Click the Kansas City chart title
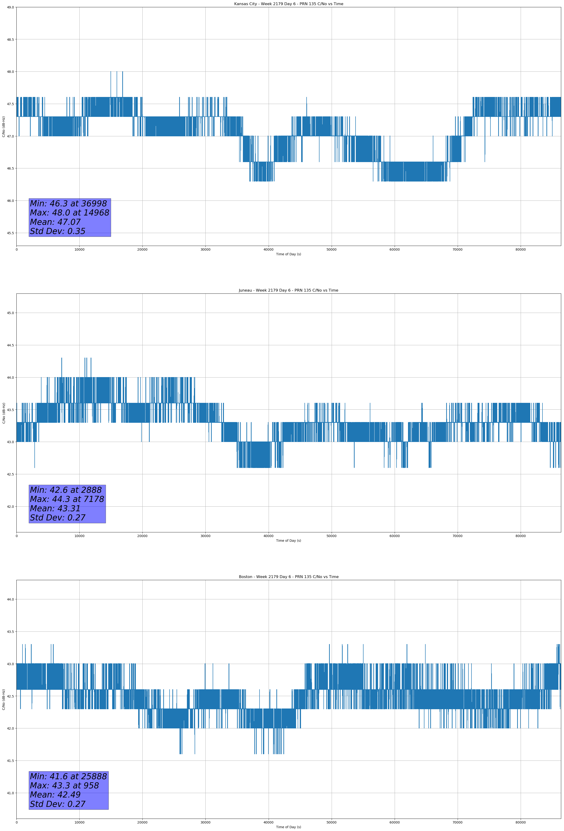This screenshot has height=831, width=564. coord(288,4)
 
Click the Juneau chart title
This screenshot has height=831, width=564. coord(288,290)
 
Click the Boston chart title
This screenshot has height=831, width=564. coord(288,577)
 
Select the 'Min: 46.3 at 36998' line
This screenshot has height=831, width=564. coord(68,204)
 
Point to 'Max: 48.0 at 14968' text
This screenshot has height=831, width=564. coord(69,213)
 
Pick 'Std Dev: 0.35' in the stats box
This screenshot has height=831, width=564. coord(58,231)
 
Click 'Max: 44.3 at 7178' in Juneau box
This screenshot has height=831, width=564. coord(67,499)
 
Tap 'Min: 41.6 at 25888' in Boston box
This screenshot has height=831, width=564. coord(68,776)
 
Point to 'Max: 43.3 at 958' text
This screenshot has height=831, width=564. coord(64,786)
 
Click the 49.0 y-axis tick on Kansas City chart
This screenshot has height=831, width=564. coord(10,7)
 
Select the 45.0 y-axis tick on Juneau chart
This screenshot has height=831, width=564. coord(10,313)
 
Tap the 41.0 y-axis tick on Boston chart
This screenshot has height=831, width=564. coord(10,793)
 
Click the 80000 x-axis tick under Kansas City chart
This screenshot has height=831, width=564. coord(520,250)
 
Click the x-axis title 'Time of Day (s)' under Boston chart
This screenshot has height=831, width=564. coord(288,827)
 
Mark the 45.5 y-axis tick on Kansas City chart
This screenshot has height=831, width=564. coord(10,233)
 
